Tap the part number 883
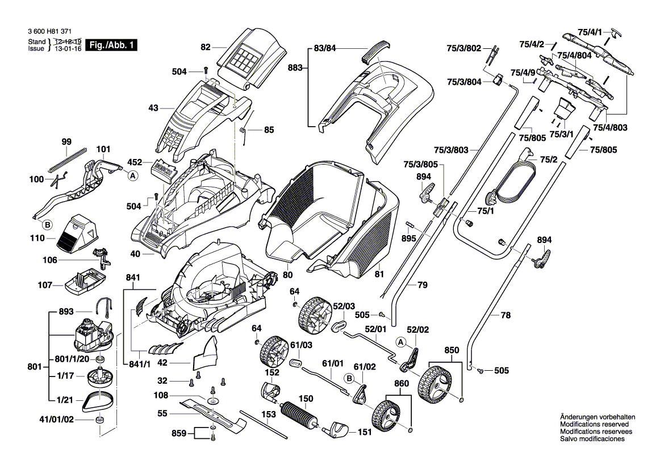click(x=296, y=68)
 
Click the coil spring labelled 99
click(x=67, y=160)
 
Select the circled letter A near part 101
click(x=132, y=176)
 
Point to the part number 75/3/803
click(x=451, y=150)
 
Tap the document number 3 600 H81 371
click(x=49, y=34)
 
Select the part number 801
click(x=35, y=367)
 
